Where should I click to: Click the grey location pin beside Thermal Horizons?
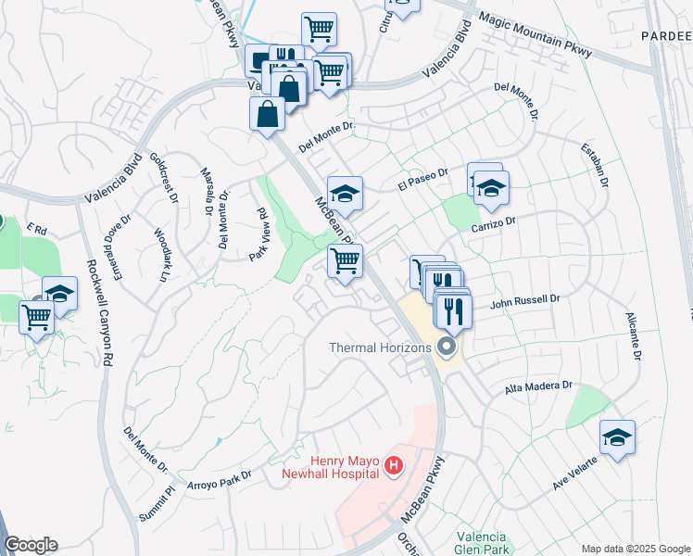pos(447,348)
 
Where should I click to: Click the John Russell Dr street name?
pos(526,300)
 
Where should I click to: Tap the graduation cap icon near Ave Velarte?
pos(617,437)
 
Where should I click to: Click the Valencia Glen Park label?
pos(483,543)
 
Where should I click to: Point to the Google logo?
pos(31,546)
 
